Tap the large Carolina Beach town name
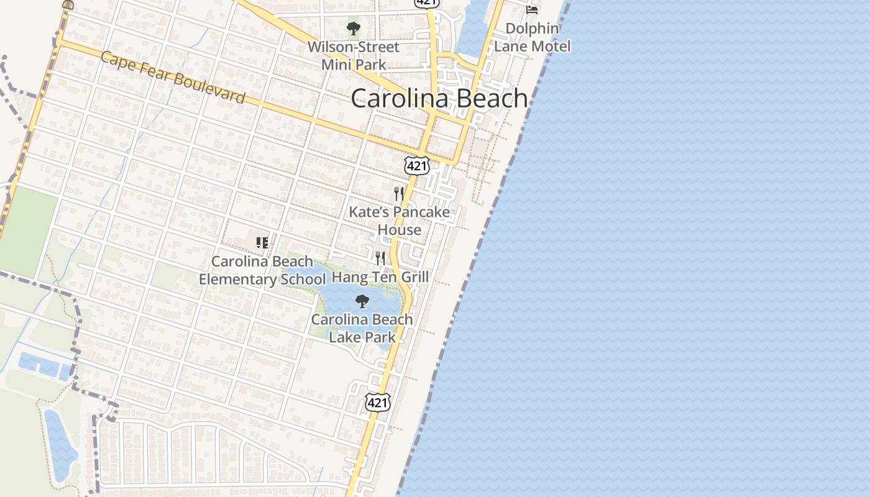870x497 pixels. [439, 98]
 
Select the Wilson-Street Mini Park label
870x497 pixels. [354, 55]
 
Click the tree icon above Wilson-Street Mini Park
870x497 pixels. [354, 28]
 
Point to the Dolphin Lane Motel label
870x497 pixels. [532, 37]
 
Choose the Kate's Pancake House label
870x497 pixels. [400, 221]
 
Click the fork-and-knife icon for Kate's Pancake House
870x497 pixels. [399, 193]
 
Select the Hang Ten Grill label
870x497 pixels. [380, 276]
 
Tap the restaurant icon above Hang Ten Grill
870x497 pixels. [380, 257]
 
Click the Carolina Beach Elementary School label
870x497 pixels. [262, 270]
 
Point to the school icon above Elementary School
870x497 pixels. [262, 242]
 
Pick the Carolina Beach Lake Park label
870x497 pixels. [362, 328]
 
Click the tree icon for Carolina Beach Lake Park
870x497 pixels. [362, 302]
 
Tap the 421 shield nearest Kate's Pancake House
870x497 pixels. [416, 165]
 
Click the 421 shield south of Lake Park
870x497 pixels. [377, 402]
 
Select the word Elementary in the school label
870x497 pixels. [238, 280]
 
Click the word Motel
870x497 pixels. [550, 46]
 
